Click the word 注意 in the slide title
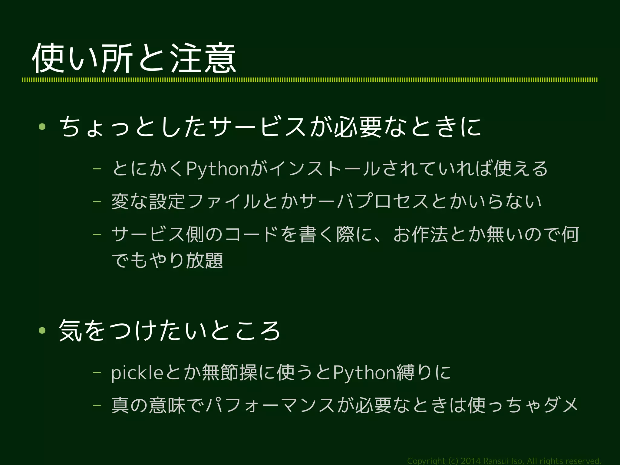(x=203, y=58)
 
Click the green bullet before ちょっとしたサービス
(x=42, y=127)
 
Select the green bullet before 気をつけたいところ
(x=42, y=330)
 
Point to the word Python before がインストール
(x=217, y=169)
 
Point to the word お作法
(x=421, y=234)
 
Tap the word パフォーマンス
(x=269, y=406)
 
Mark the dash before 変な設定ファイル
(x=97, y=202)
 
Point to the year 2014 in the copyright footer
(x=470, y=461)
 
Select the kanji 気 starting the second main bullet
(x=70, y=330)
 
